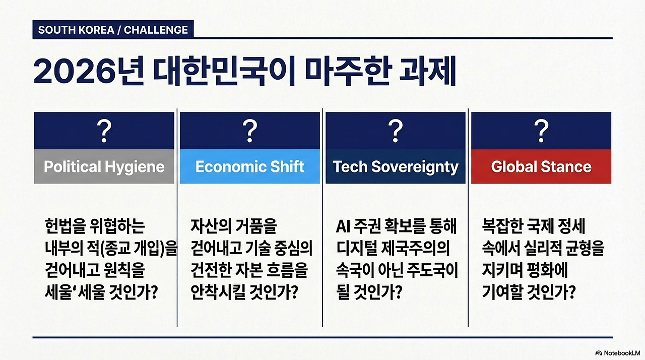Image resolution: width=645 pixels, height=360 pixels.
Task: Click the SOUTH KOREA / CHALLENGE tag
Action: tap(113, 30)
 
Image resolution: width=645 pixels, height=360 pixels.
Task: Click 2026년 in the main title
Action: tap(89, 71)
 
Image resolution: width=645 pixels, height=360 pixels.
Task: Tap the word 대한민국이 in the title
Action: tap(224, 71)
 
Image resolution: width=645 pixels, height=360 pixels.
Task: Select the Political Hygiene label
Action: tap(104, 166)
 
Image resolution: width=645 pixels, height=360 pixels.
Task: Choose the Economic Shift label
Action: tap(249, 166)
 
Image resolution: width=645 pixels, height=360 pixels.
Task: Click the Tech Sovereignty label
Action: tap(396, 167)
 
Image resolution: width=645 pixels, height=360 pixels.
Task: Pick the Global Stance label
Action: tap(541, 166)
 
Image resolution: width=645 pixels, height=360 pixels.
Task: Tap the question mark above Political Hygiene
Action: tap(104, 131)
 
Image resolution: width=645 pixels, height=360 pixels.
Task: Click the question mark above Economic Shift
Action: tap(249, 131)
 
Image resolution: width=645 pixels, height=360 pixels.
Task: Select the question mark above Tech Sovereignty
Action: tap(396, 131)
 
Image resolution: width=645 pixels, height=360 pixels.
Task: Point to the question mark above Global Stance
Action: tap(541, 131)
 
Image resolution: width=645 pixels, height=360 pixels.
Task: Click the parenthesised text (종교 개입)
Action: tap(132, 249)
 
